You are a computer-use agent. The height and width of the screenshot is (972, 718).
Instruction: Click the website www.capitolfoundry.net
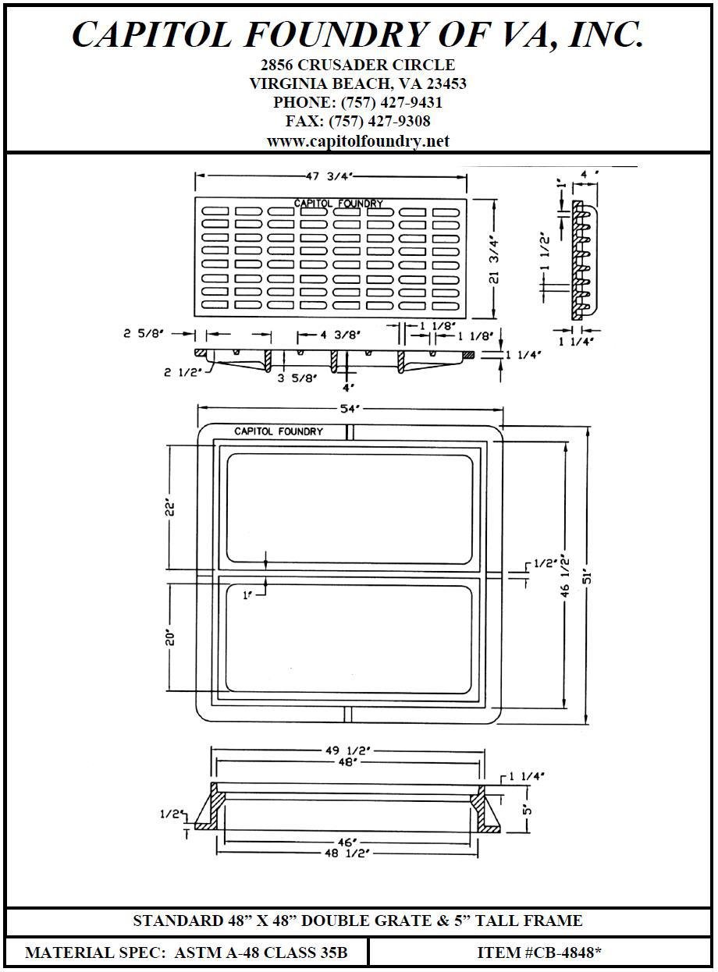tap(357, 141)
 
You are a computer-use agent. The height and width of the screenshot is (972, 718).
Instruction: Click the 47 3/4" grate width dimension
tap(329, 177)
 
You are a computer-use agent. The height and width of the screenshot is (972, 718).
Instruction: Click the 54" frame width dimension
tap(348, 409)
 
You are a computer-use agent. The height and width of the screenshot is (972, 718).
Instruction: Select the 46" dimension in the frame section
tap(348, 843)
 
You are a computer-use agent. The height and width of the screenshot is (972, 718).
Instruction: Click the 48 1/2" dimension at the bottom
tap(347, 854)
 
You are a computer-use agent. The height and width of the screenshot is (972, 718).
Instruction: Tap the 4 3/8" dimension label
tap(340, 335)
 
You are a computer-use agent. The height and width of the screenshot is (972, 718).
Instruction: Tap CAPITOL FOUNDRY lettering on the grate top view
tap(338, 204)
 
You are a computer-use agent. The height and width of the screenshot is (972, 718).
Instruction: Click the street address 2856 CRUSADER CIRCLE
tap(357, 65)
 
